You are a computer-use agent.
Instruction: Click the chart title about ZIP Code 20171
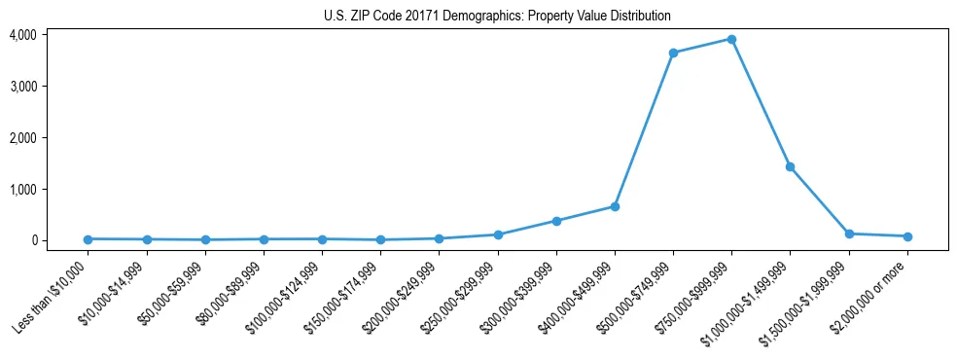pyautogui.click(x=497, y=17)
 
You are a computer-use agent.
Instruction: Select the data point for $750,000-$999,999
pyautogui.click(x=731, y=40)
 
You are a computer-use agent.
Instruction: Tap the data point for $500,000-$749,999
pyautogui.click(x=673, y=53)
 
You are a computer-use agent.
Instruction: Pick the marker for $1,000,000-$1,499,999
pyautogui.click(x=790, y=166)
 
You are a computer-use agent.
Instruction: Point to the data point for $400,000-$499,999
pyautogui.click(x=615, y=206)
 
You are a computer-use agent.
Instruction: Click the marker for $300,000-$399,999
pyautogui.click(x=556, y=221)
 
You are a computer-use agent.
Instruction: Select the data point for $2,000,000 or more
pyautogui.click(x=907, y=236)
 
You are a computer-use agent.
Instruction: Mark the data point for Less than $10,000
pyautogui.click(x=88, y=239)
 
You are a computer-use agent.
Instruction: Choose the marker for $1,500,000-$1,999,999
pyautogui.click(x=849, y=234)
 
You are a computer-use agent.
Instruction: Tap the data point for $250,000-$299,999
pyautogui.click(x=498, y=234)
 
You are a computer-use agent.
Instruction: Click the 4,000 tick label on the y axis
pyautogui.click(x=23, y=35)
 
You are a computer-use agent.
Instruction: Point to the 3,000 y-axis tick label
pyautogui.click(x=23, y=87)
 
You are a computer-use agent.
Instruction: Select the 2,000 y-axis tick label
pyautogui.click(x=23, y=138)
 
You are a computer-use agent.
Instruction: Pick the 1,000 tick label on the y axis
pyautogui.click(x=23, y=189)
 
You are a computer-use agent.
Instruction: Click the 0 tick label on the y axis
pyautogui.click(x=33, y=240)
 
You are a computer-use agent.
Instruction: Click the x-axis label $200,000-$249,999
pyautogui.click(x=403, y=295)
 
